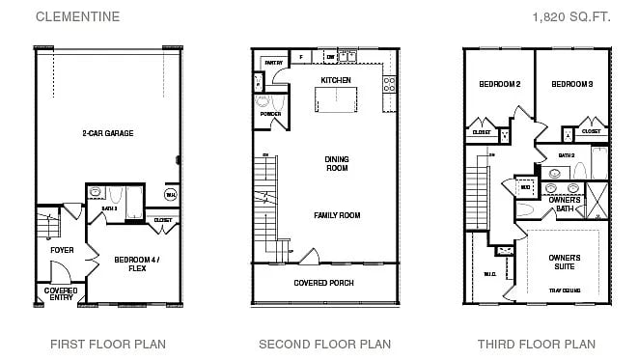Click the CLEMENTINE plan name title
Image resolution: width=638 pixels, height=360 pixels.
pos(78,16)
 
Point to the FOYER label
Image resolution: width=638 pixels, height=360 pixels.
pos(62,250)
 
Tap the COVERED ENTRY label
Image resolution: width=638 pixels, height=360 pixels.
pos(61,293)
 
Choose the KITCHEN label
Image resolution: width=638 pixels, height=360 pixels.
pos(335,80)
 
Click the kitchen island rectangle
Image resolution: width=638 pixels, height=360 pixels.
pos(337,100)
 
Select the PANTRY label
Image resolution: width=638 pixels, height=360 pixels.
pos(273,63)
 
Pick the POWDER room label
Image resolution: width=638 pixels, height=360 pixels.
pos(270,114)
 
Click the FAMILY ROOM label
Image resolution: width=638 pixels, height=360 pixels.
pos(336,215)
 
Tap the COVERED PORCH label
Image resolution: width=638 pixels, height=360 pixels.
pos(323,283)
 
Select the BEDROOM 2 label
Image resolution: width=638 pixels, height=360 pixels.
pos(499,84)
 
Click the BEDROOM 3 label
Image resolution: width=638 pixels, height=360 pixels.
pos(571,84)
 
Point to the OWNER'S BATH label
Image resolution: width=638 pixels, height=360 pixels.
pos(565,204)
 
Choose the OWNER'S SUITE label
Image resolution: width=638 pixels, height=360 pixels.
pos(565,262)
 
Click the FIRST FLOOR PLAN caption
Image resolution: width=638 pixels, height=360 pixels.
pos(108,344)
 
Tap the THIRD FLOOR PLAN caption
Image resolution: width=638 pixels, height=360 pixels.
pos(536,344)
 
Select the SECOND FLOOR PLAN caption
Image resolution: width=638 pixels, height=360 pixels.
pos(324,344)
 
